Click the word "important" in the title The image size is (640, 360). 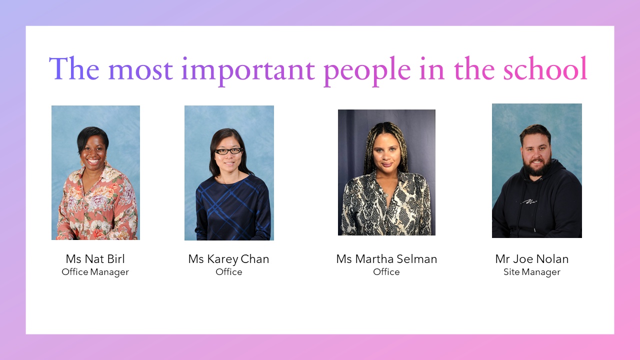(247, 71)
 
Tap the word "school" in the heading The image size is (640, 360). (545, 68)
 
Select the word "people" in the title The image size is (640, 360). (367, 71)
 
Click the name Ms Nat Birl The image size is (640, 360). (95, 259)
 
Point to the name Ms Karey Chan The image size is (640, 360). (228, 259)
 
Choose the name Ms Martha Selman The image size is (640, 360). (386, 259)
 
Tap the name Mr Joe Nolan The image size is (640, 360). (531, 259)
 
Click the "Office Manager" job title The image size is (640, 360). (95, 272)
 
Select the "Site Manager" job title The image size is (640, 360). (531, 272)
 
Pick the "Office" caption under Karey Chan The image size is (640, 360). (228, 271)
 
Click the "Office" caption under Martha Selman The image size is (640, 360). (386, 271)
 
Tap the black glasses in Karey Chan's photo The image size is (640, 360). (228, 151)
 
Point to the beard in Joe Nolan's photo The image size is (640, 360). (537, 165)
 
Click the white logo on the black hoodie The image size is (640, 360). (529, 201)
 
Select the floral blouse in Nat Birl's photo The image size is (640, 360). (97, 204)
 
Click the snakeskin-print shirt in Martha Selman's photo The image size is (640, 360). (386, 204)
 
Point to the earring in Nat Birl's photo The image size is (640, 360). (82, 163)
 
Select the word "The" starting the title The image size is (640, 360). (74, 68)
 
